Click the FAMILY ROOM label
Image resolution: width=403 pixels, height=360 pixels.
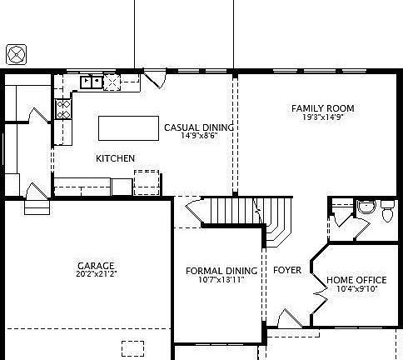(x=322, y=108)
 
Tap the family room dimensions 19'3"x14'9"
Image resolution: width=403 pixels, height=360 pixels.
(x=322, y=118)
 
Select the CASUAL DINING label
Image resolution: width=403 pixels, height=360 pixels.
(x=198, y=127)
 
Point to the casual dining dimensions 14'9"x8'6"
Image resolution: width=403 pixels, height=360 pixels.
(x=198, y=136)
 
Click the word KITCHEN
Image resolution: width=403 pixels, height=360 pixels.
(x=115, y=158)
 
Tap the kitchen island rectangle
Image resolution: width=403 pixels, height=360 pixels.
(x=128, y=128)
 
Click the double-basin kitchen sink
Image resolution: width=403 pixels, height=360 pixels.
(x=91, y=82)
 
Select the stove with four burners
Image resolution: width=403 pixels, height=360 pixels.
(x=62, y=107)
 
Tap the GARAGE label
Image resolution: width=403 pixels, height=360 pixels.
(x=96, y=266)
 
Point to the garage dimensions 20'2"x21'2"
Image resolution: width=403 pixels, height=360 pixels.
(x=96, y=274)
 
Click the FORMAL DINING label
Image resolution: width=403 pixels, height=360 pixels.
(x=221, y=271)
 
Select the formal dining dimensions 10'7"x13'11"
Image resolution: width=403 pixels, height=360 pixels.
(x=221, y=280)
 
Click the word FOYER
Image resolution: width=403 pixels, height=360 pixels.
(x=287, y=271)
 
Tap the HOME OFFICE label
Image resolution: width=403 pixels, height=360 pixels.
(x=357, y=280)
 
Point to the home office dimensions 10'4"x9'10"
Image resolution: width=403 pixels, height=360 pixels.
(x=357, y=289)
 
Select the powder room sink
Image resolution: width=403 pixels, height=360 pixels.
(x=364, y=207)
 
